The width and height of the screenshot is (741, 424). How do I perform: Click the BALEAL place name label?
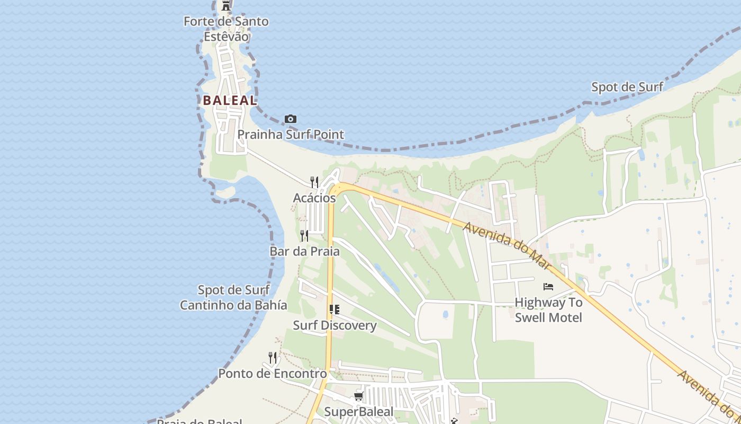click(x=230, y=100)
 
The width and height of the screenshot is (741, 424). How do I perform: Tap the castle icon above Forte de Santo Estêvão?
click(x=226, y=6)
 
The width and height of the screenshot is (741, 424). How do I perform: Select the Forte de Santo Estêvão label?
click(x=226, y=29)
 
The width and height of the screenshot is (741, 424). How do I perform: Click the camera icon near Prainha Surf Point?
click(x=291, y=119)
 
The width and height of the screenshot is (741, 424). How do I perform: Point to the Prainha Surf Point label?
click(x=291, y=135)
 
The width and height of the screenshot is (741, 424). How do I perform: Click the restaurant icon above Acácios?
click(x=314, y=182)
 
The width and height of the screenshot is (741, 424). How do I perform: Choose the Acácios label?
click(x=314, y=198)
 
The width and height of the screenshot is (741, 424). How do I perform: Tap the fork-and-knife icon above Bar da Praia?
click(x=304, y=235)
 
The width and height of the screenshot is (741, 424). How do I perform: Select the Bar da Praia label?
click(x=304, y=251)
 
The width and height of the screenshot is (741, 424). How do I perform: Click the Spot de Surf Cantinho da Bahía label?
click(x=233, y=297)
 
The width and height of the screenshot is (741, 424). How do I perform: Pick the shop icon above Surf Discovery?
click(x=334, y=310)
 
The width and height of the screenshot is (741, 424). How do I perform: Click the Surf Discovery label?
click(x=335, y=325)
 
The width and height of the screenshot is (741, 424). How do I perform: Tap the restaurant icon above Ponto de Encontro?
click(x=273, y=358)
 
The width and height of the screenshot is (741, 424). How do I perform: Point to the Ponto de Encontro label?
click(x=273, y=374)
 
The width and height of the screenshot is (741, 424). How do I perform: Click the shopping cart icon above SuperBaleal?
click(x=358, y=396)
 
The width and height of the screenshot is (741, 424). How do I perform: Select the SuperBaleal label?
click(x=358, y=412)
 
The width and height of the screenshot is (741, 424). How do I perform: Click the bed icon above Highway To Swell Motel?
click(x=548, y=287)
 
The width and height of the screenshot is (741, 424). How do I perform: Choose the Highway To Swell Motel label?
click(x=548, y=310)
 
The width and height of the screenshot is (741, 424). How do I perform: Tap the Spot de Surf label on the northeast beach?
click(x=627, y=87)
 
